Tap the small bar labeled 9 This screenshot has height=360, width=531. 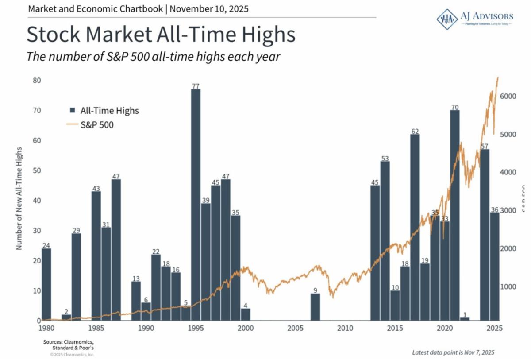point(315,307)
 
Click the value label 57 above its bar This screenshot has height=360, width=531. point(485,146)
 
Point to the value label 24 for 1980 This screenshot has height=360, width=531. point(46,245)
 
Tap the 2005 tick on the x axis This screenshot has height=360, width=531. point(295,329)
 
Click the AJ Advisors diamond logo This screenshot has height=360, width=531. point(447,19)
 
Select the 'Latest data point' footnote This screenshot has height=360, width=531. point(453,352)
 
